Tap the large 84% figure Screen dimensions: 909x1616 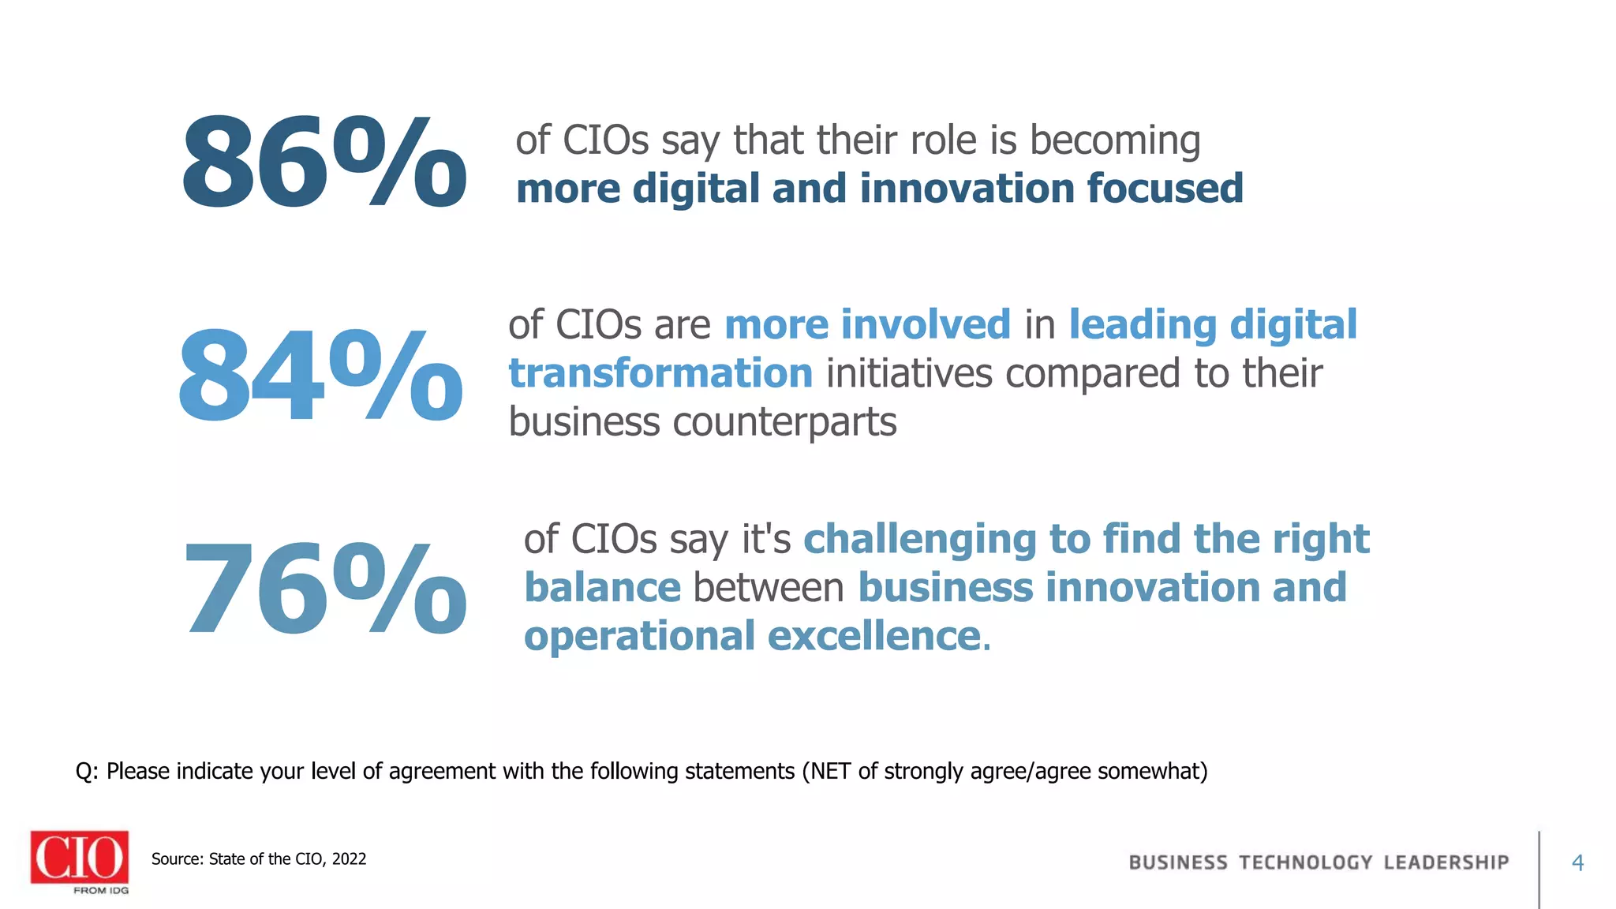pos(320,376)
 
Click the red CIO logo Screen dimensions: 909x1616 pos(80,858)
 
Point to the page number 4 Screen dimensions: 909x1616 pos(1577,862)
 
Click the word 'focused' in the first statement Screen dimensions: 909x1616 pos(1165,189)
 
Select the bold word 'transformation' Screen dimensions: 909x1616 pos(660,373)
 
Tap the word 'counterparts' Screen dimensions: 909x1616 pos(784,422)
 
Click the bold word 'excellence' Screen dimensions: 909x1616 pos(873,636)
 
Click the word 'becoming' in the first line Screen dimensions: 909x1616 pos(1115,140)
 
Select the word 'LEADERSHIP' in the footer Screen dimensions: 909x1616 pos(1446,862)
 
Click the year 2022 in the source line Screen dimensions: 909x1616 pos(349,859)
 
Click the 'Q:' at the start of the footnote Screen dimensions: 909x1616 pos(87,772)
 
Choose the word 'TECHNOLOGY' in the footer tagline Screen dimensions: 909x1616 pos(1305,862)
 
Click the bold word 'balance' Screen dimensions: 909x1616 pos(602,588)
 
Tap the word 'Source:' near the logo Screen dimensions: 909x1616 pos(178,859)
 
